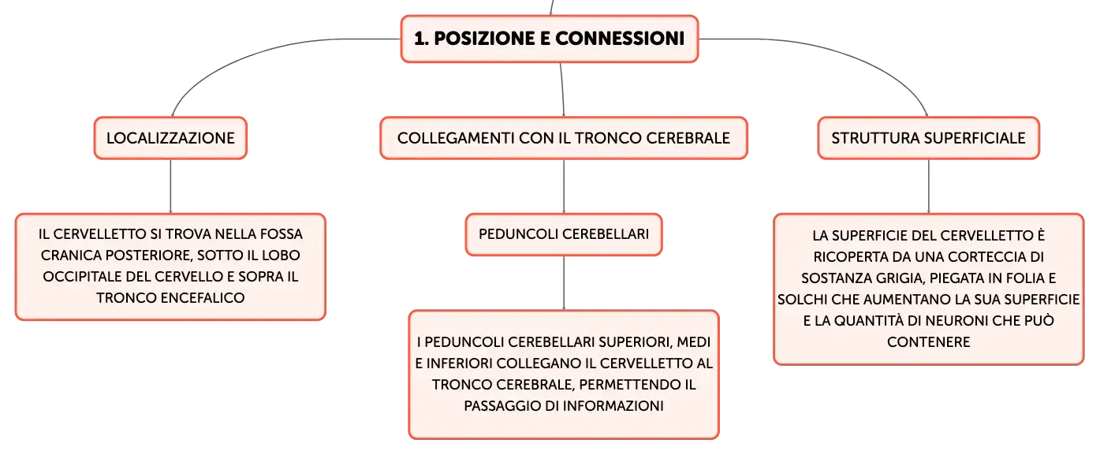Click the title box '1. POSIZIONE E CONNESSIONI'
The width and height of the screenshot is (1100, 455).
pos(550,39)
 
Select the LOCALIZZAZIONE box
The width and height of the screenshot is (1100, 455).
pos(170,138)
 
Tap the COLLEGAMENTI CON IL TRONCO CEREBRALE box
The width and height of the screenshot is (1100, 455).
pos(564,138)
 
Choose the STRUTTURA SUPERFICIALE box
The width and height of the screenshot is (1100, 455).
pos(929,138)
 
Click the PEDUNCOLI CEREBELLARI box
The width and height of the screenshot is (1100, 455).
pos(564,235)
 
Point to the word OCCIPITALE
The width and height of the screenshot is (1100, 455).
pos(82,277)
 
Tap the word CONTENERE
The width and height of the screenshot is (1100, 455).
pos(929,342)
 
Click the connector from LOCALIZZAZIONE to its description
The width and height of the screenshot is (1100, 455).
pos(170,186)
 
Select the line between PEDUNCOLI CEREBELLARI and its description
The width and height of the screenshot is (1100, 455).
pos(564,283)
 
